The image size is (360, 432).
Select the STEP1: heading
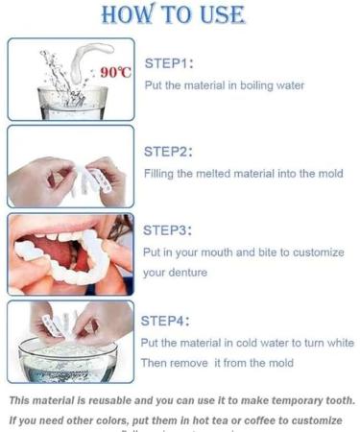pyautogui.click(x=169, y=63)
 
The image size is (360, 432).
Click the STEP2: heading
pyautogui.click(x=169, y=152)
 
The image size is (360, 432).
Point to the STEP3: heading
pyautogui.click(x=169, y=230)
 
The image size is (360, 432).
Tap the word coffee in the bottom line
pyautogui.click(x=265, y=420)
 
